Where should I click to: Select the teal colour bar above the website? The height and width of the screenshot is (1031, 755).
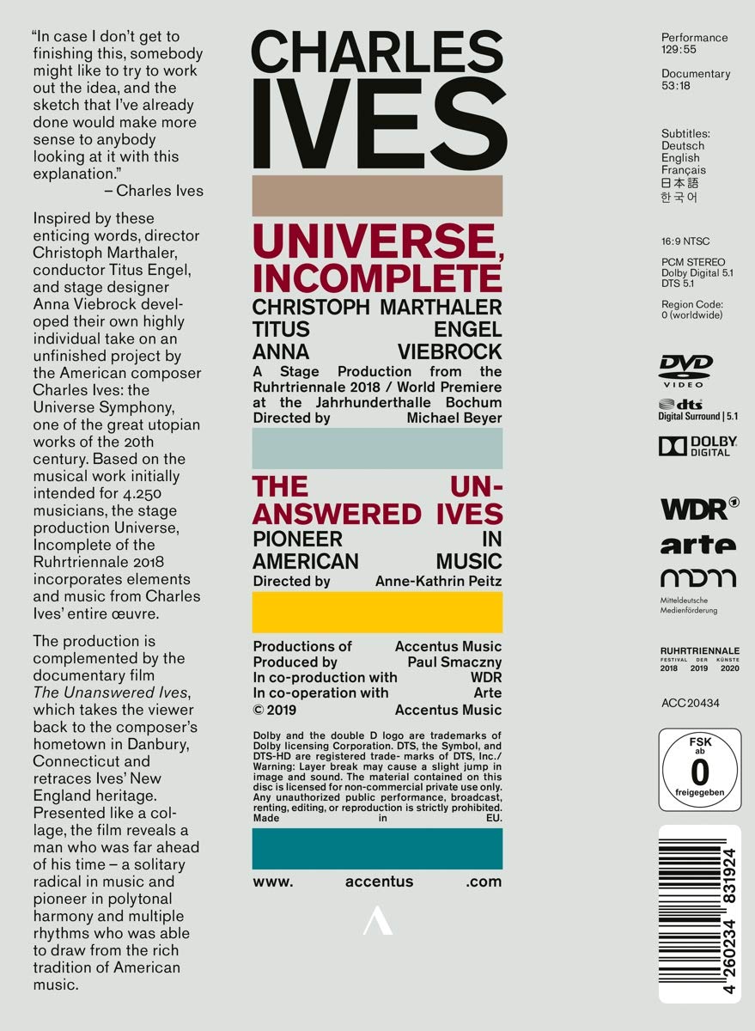377,849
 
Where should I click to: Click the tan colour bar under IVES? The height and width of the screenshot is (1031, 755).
377,197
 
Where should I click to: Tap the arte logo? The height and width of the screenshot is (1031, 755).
697,545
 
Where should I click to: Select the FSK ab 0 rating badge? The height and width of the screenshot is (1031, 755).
699,769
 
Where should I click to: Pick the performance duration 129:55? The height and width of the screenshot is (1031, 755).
679,51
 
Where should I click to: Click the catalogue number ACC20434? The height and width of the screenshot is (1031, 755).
690,703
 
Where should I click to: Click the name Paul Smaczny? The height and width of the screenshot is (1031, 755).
455,662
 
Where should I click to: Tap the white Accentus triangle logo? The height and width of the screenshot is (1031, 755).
376,924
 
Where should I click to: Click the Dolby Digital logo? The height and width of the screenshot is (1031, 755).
698,446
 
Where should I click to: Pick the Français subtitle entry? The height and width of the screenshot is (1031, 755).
684,170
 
